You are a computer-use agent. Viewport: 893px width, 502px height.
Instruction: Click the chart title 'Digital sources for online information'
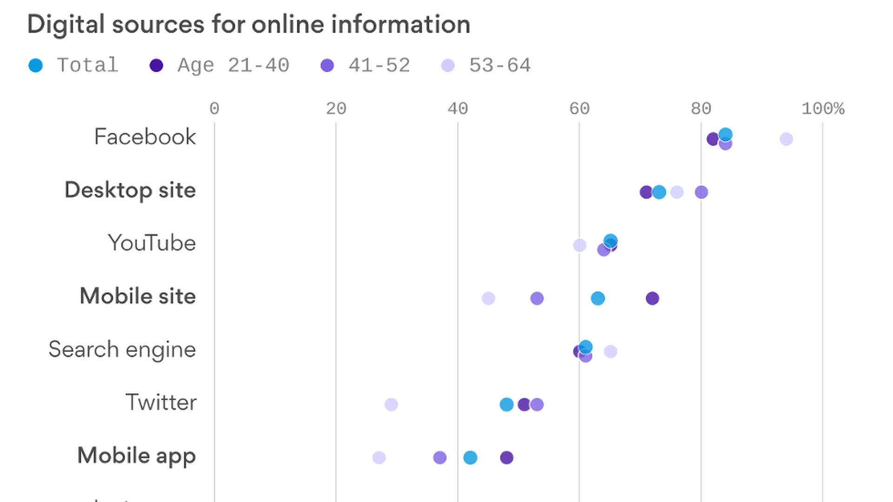249,24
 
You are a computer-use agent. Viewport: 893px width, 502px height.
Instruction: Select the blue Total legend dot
36,66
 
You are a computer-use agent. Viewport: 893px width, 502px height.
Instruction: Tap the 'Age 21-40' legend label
233,66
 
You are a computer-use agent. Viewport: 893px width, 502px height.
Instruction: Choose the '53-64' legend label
500,66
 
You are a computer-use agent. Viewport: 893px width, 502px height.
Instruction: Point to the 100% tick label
822,109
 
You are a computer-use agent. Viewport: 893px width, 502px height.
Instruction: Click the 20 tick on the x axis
336,109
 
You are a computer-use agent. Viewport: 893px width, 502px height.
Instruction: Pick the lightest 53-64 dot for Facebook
786,139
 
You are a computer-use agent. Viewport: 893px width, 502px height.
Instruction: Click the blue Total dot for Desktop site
659,192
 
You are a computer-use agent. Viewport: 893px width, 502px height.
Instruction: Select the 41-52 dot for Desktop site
701,192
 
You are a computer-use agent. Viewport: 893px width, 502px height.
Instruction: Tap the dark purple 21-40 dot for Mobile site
653,298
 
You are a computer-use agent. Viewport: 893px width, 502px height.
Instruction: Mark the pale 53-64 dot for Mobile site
488,298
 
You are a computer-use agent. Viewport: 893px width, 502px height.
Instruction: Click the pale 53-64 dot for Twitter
391,404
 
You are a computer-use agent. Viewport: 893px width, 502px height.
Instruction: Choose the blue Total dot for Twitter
506,404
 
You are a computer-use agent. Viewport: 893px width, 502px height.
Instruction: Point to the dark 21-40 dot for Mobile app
506,458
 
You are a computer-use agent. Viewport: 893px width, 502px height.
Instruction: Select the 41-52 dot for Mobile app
440,458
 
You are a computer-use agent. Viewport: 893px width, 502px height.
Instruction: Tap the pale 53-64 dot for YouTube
580,245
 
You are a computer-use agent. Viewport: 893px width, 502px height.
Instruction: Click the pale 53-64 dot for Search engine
610,351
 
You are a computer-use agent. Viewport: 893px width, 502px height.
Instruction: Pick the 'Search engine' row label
122,350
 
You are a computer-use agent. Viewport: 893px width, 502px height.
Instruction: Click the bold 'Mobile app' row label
136,456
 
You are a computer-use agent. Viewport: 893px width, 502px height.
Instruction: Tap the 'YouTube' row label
152,243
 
